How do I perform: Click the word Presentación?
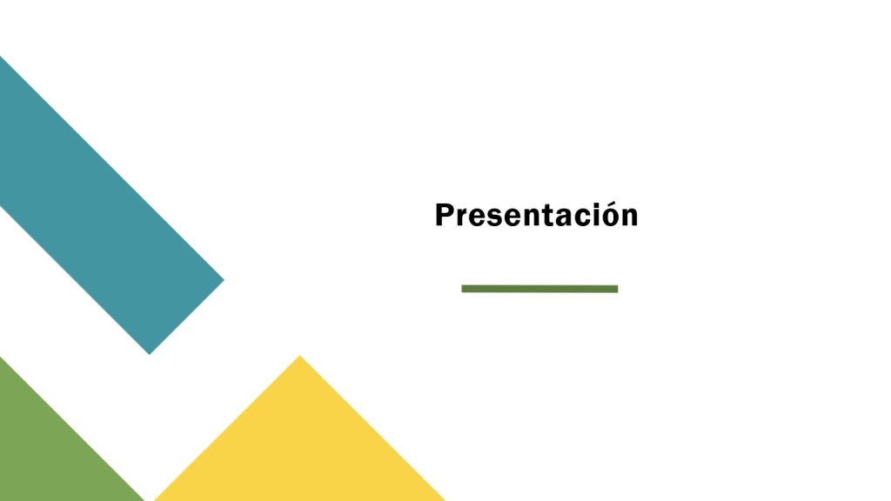click(536, 216)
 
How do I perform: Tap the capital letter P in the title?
click(445, 216)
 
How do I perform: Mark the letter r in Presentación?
click(464, 218)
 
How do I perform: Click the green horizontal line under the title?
click(539, 289)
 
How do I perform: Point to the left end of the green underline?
click(462, 289)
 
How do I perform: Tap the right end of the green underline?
click(617, 289)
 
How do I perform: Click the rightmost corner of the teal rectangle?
click(224, 279)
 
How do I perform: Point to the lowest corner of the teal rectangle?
click(150, 354)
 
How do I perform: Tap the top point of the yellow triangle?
click(299, 356)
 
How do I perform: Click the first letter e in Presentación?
click(479, 218)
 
